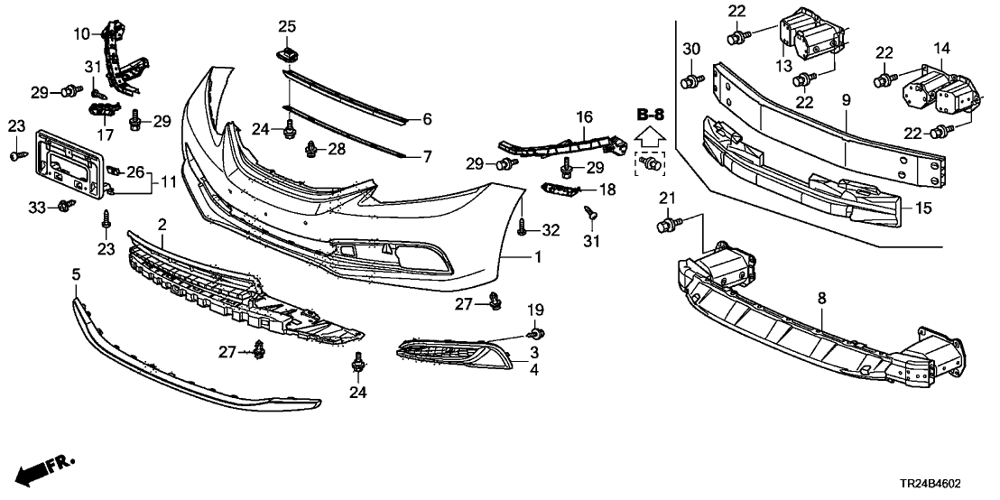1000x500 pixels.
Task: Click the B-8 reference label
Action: (650, 115)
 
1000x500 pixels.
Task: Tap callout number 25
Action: (287, 27)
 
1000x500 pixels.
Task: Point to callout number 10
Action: (82, 34)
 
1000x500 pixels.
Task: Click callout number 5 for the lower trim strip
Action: (77, 273)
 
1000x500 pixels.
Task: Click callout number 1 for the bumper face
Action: (537, 257)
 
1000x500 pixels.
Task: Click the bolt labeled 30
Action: (691, 82)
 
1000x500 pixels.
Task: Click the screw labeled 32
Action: (523, 231)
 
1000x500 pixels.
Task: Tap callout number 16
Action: (584, 116)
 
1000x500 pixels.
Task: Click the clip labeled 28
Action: (311, 149)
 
